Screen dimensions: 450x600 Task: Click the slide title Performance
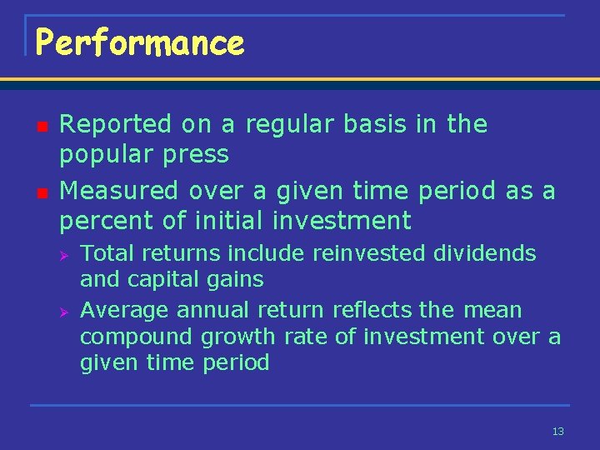140,43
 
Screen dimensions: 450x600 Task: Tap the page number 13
558,432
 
